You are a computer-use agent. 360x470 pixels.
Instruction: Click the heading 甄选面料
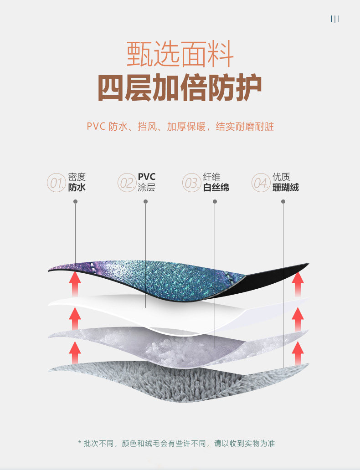(x=180, y=54)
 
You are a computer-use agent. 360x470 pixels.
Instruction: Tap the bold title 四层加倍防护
(x=180, y=88)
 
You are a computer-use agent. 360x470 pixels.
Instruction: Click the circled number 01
(x=56, y=183)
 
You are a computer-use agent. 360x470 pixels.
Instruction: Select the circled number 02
(x=126, y=183)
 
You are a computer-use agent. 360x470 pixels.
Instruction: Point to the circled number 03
(x=191, y=183)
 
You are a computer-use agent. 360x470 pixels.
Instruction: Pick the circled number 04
(x=261, y=183)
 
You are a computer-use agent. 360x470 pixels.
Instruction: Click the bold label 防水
(x=77, y=187)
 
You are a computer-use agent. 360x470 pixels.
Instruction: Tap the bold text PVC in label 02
(x=146, y=177)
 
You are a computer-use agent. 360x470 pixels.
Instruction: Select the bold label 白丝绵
(x=216, y=187)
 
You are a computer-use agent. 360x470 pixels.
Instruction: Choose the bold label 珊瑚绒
(x=285, y=187)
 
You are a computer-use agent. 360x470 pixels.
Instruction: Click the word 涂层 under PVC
(x=146, y=187)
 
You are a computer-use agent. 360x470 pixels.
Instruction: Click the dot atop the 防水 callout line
(x=76, y=201)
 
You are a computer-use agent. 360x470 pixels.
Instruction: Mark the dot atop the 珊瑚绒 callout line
(x=283, y=201)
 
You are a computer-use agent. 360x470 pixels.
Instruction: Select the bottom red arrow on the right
(x=298, y=352)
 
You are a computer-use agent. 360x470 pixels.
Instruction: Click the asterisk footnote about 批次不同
(x=176, y=443)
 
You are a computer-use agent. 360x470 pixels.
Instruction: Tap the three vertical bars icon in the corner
(x=335, y=19)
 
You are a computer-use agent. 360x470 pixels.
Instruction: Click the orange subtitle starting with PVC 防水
(x=180, y=126)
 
